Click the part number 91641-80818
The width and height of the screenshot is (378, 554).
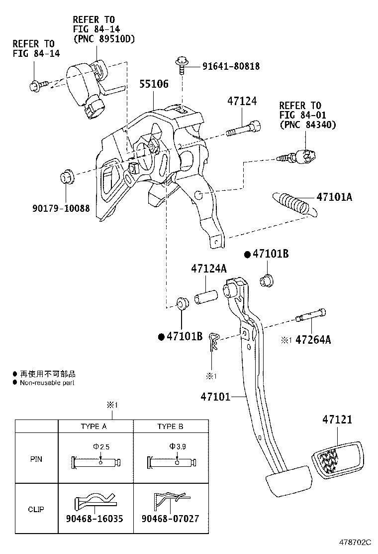(230, 66)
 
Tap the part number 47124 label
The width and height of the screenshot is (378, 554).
(242, 101)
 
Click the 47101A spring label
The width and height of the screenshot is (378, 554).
(334, 197)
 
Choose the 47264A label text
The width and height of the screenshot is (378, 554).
(313, 340)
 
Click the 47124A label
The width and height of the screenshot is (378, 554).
(208, 269)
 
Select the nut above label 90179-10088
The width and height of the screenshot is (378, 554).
(66, 177)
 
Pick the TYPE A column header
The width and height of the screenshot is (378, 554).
(94, 426)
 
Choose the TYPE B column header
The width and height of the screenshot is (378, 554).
(170, 426)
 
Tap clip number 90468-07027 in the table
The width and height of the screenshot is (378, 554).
(170, 519)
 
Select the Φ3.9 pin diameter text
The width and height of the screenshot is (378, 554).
(177, 446)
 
